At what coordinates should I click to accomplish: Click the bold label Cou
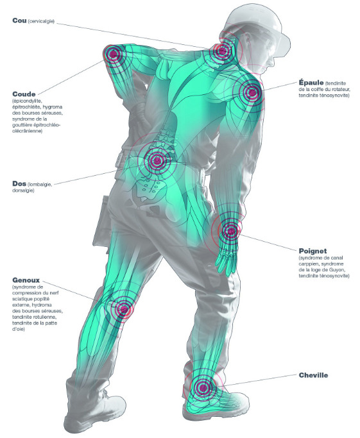19,21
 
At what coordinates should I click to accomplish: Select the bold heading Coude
24,94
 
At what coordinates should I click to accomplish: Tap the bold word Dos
19,183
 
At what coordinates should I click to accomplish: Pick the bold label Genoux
26,280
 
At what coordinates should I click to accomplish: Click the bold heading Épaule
311,82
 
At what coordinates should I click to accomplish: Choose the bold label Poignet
313,251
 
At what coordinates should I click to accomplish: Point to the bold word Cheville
313,375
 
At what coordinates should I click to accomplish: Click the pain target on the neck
223,51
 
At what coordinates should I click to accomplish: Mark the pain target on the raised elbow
113,55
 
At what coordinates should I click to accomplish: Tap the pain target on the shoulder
252,92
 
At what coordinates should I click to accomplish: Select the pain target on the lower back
157,160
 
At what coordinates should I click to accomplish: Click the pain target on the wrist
230,231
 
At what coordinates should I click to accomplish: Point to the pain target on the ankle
203,387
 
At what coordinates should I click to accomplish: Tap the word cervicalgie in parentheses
41,21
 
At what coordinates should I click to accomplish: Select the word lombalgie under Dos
40,184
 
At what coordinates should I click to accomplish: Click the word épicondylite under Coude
27,101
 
